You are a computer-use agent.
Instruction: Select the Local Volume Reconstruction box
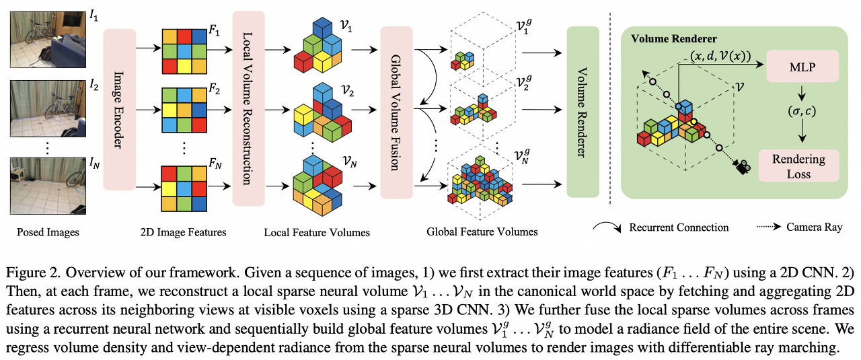[x=249, y=108]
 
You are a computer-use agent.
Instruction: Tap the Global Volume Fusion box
[x=396, y=112]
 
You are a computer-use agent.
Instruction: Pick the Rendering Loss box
[x=798, y=166]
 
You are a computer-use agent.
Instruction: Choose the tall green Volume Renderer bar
[x=583, y=111]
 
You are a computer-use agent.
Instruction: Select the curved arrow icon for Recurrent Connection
[x=609, y=227]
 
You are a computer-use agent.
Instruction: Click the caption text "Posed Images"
[x=48, y=232]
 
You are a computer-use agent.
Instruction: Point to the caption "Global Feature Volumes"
[x=482, y=231]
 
